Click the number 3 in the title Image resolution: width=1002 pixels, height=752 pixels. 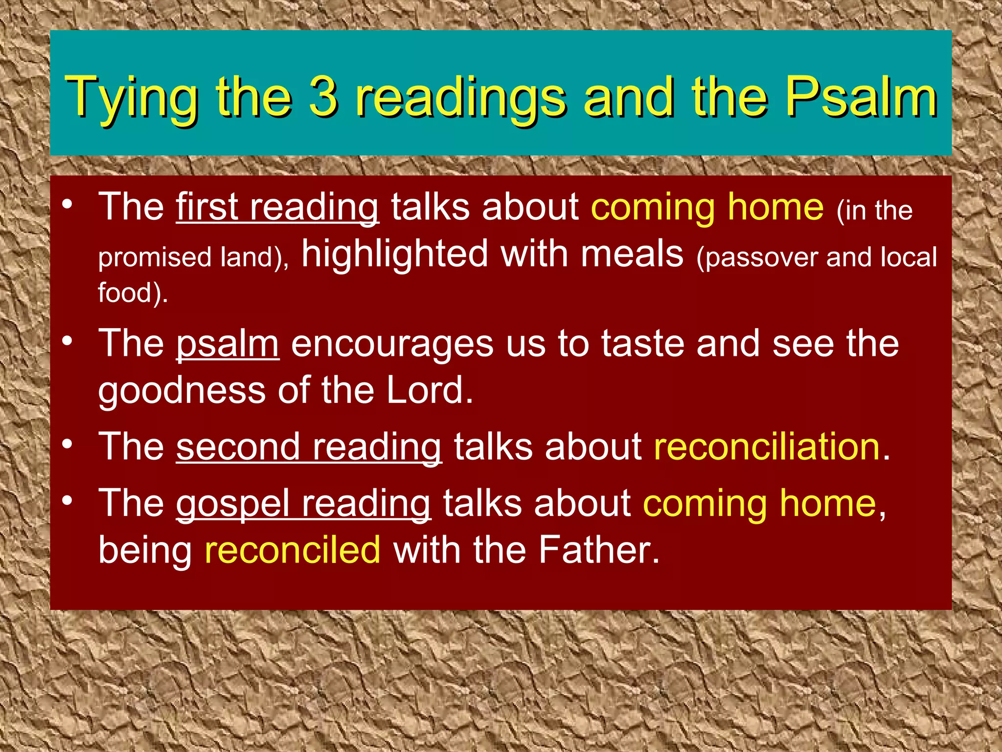pos(323,96)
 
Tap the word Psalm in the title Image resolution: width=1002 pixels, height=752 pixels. pos(861,96)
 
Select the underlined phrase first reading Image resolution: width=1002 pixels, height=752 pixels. pos(277,208)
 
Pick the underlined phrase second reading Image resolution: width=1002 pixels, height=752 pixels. pos(309,447)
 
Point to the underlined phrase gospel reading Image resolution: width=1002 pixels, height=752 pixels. pos(303,504)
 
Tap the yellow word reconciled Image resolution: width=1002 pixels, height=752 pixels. pos(293,550)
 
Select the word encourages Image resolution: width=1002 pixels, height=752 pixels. pos(392,345)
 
